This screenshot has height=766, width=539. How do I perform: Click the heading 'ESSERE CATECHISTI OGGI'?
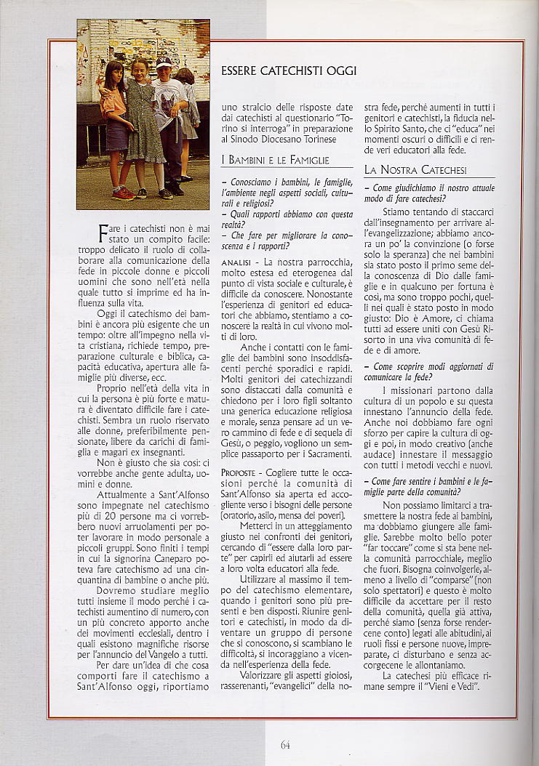(288, 70)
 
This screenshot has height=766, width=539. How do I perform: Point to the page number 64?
(285, 743)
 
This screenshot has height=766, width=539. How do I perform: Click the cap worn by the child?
(164, 63)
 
